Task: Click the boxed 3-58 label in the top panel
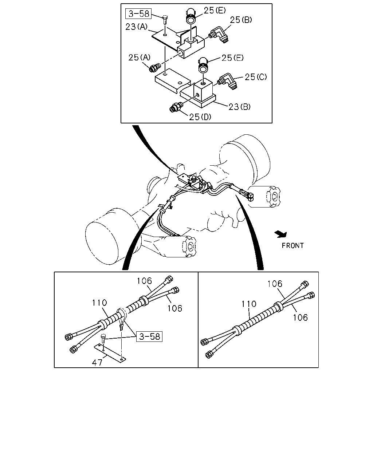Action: tap(138, 13)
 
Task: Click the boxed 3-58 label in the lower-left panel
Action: tap(149, 336)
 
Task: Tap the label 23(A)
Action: tap(136, 27)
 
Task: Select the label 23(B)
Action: tap(239, 107)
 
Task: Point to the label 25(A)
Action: tap(140, 58)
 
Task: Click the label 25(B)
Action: tap(241, 20)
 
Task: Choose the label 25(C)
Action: tap(256, 77)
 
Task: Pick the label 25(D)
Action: tap(200, 117)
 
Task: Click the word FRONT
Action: tap(292, 245)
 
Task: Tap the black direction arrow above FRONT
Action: tap(281, 234)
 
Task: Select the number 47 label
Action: tap(97, 362)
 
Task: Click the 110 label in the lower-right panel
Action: tap(249, 304)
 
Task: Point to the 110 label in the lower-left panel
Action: tap(99, 303)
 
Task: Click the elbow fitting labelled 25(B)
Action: tap(219, 35)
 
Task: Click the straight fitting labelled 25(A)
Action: tap(155, 67)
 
